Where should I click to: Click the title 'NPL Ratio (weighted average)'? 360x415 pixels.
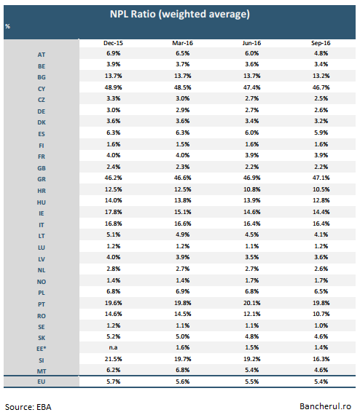coord(179,15)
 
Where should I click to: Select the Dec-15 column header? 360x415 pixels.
coord(113,43)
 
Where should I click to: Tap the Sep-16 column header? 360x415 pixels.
coord(321,43)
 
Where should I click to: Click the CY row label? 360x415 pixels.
coord(42,89)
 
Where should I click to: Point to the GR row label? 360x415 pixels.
coord(42,179)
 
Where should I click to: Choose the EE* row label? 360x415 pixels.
coord(42,349)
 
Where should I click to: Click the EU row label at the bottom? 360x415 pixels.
coord(42,382)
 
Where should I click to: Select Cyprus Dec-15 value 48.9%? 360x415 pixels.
coord(113,87)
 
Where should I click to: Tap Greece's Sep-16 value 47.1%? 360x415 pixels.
coord(321,178)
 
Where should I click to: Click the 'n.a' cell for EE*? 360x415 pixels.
coord(113,347)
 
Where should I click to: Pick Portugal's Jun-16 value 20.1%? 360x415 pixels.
coord(251,303)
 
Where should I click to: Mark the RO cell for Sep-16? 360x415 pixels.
coord(321,314)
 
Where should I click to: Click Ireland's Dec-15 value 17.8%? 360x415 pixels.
coord(113,212)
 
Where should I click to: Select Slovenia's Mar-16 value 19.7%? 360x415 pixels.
coord(182,359)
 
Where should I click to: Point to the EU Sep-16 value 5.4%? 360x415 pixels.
coord(321,382)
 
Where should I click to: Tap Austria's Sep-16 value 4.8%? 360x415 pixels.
coord(321,53)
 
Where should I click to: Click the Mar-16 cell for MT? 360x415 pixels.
coord(182,370)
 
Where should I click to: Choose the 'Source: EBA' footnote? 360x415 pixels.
coord(28,407)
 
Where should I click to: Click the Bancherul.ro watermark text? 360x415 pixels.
coord(325,406)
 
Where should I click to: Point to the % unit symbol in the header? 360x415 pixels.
coord(7,26)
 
